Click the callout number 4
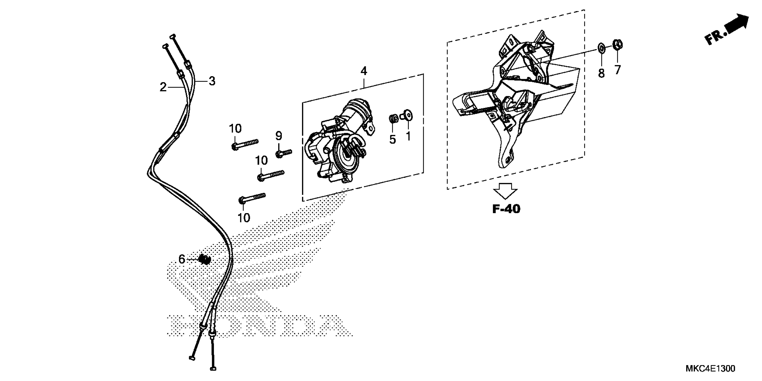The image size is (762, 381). click(x=364, y=71)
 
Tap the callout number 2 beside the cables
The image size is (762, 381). click(x=163, y=87)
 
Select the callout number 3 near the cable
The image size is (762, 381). click(x=212, y=81)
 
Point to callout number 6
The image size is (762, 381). click(x=182, y=260)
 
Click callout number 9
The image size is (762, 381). click(x=279, y=136)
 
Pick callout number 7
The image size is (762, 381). click(x=617, y=70)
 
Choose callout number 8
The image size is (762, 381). click(x=601, y=73)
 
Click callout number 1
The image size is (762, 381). click(x=408, y=136)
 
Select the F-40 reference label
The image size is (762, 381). click(x=506, y=209)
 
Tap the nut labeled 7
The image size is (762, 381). click(x=618, y=44)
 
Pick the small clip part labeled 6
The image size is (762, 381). click(x=204, y=260)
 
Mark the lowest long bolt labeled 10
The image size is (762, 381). click(x=252, y=198)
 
